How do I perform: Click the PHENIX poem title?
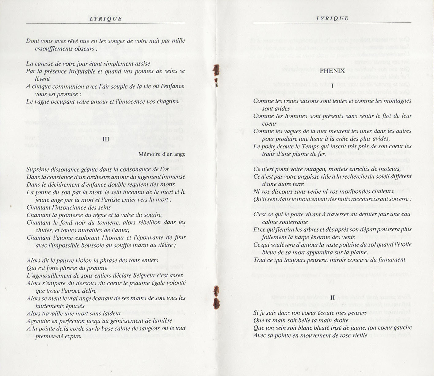(332, 71)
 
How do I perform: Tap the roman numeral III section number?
(106, 139)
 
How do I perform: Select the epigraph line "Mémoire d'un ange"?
(162, 154)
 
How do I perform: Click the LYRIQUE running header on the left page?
(106, 19)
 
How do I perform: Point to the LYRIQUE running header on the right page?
(333, 18)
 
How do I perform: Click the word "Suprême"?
(36, 169)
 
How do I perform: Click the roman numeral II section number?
(333, 297)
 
